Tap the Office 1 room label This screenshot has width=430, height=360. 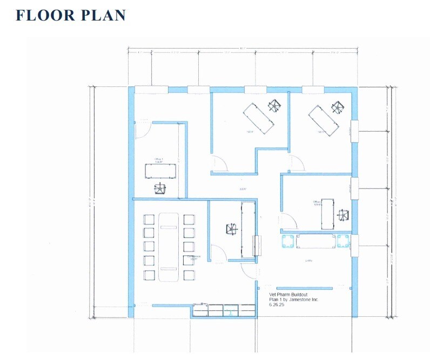click(x=159, y=159)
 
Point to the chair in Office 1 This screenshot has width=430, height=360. click(x=160, y=188)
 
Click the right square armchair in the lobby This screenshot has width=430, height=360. click(x=342, y=241)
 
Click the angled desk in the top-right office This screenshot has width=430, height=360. click(x=324, y=120)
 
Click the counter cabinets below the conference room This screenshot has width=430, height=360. click(x=224, y=310)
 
